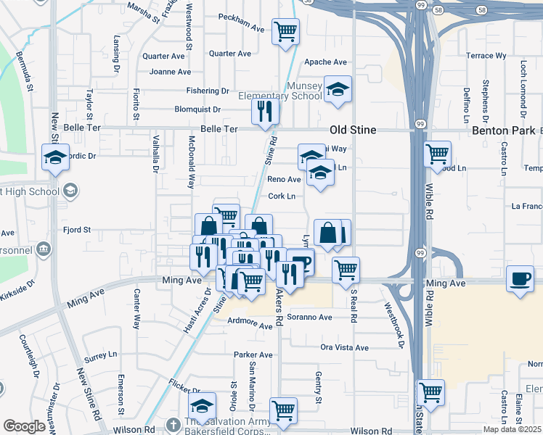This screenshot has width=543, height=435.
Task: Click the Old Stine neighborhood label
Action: (x=353, y=130)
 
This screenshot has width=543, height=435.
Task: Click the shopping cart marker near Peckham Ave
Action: (x=286, y=32)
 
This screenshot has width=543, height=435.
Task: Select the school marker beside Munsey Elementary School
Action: (x=338, y=89)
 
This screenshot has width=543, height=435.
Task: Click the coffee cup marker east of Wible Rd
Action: (x=520, y=279)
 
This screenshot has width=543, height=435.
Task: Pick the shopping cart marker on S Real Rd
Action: (x=346, y=270)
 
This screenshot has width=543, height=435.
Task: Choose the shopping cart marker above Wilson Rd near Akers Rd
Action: (x=283, y=410)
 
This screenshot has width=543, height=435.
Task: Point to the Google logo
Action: (x=23, y=426)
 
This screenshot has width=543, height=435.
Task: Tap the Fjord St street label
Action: (x=75, y=230)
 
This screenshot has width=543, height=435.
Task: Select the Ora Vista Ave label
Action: (x=344, y=347)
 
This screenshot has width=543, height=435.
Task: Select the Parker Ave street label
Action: (x=253, y=355)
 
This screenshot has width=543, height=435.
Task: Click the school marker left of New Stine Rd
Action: (x=56, y=157)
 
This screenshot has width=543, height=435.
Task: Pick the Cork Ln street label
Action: (x=282, y=196)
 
